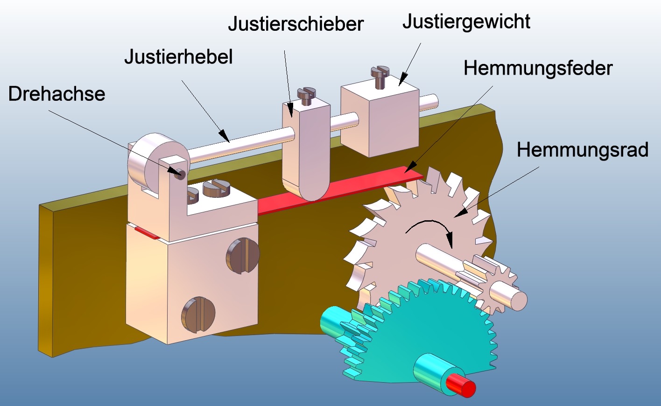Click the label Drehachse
point(56,94)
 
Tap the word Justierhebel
point(178,57)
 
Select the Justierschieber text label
point(295,24)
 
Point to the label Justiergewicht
point(466,21)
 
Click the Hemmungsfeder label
point(538,68)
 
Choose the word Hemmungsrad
point(582,150)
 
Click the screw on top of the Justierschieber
point(307,95)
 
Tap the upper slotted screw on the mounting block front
point(243,255)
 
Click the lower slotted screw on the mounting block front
point(198,315)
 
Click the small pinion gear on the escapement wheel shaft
point(495,285)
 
